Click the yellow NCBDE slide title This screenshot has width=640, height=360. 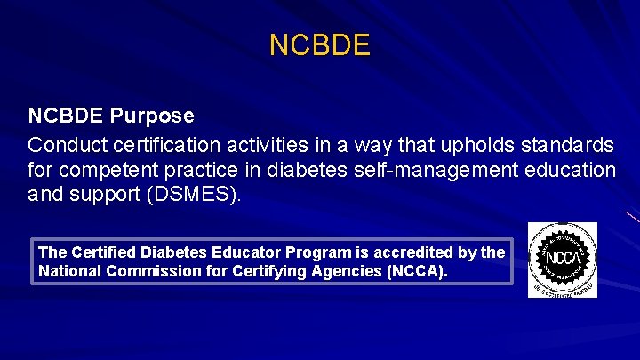coord(319,45)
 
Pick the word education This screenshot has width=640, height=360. coord(565,168)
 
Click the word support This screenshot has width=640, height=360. coord(104,193)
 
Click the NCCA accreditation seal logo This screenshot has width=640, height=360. coord(563,260)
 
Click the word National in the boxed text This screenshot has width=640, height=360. coord(69,271)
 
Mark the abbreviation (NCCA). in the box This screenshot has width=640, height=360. coord(417,271)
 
